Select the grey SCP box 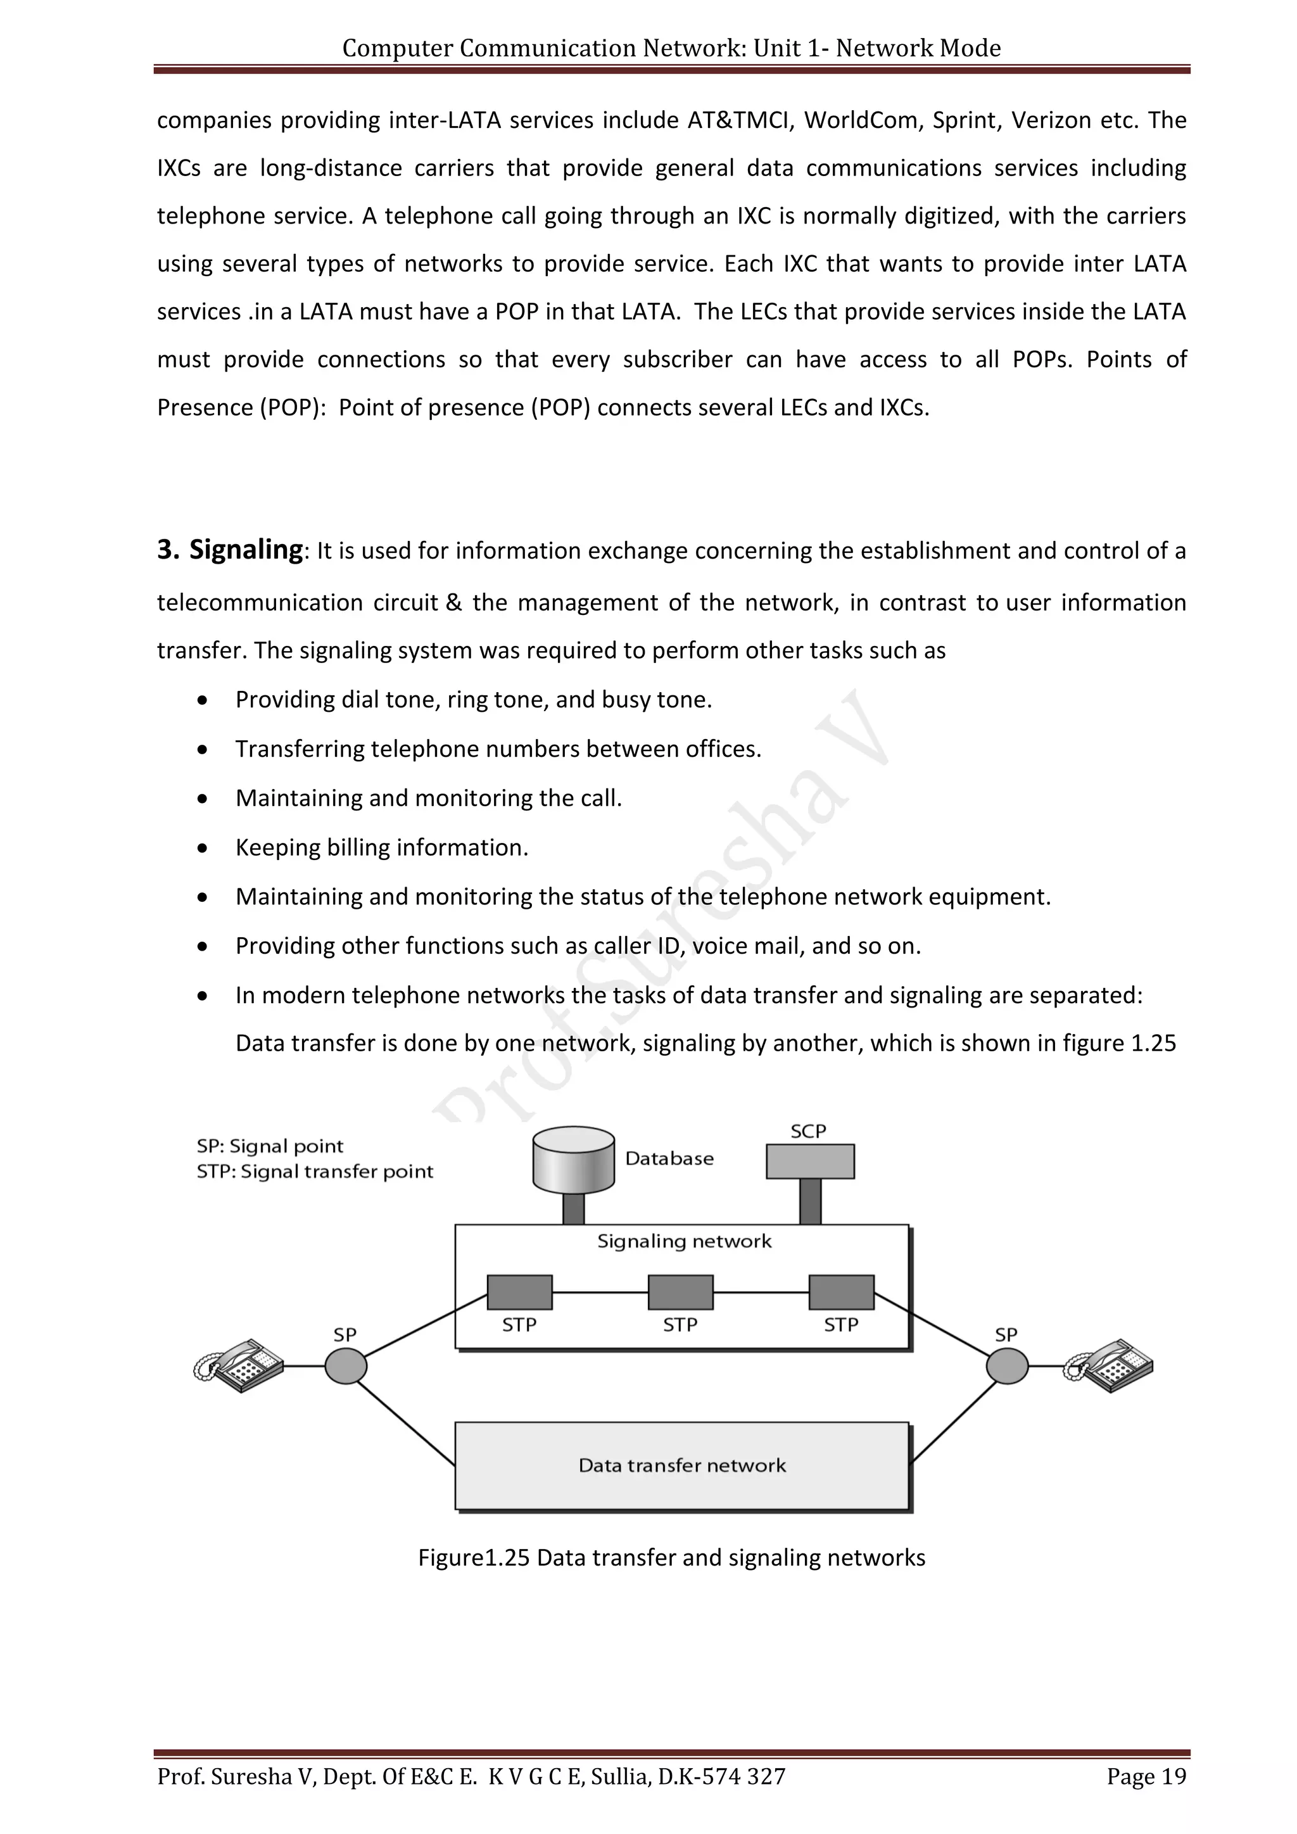click(810, 1161)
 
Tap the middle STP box click(680, 1292)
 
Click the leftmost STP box click(520, 1292)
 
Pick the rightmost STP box click(841, 1292)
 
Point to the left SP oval click(346, 1365)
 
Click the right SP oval click(1007, 1365)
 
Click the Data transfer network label click(682, 1465)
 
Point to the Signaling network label click(685, 1241)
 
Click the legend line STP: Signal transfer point click(315, 1172)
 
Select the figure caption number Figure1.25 click(474, 1558)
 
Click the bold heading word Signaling click(246, 550)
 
